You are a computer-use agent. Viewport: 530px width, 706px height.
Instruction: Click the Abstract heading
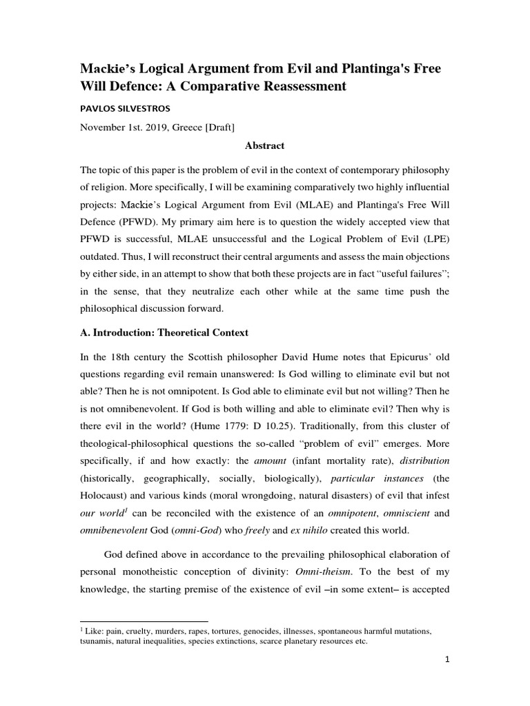point(264,146)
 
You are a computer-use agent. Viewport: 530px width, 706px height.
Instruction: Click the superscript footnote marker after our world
point(124,510)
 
